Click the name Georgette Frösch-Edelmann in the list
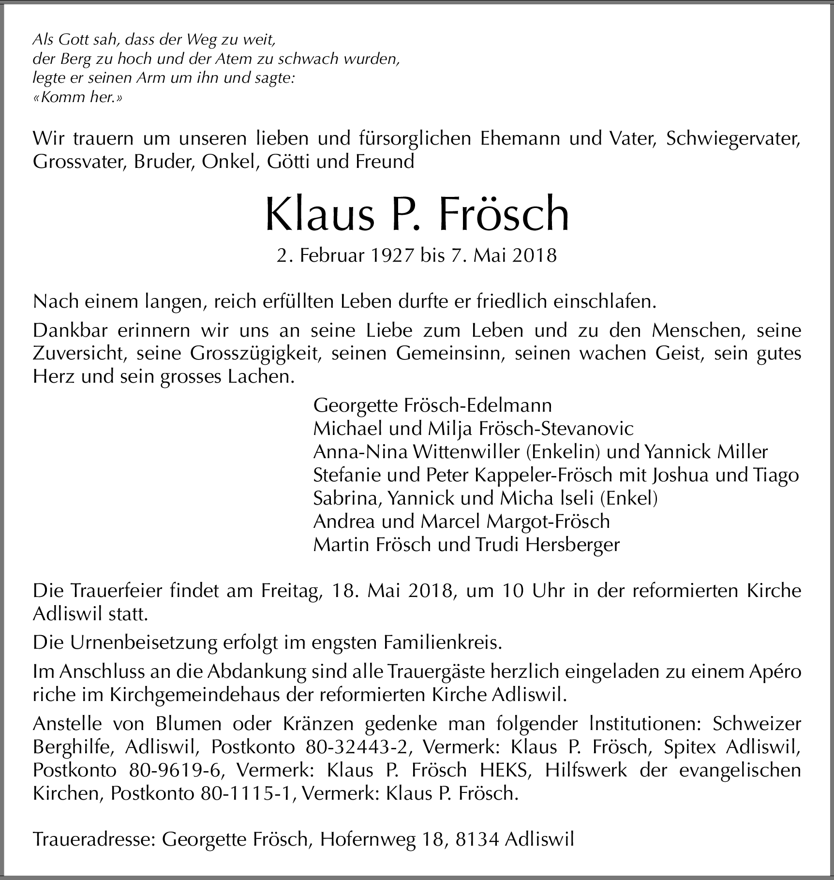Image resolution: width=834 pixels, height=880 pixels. pyautogui.click(x=432, y=404)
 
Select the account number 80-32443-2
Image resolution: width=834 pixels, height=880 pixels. pyautogui.click(x=358, y=747)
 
